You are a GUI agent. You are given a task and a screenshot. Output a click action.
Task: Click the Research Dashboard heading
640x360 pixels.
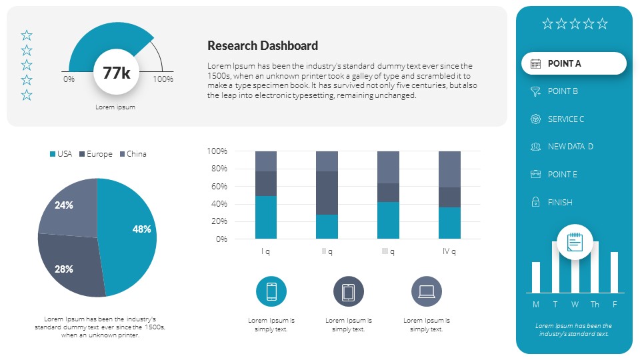tap(263, 46)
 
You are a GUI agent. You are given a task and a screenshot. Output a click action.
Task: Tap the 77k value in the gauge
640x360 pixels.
tap(116, 73)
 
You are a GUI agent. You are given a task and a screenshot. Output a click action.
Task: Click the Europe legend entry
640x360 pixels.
tap(95, 154)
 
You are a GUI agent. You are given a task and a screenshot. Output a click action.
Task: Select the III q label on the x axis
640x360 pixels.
tap(388, 251)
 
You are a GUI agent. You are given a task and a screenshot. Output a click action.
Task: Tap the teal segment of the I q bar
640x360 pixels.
tap(266, 217)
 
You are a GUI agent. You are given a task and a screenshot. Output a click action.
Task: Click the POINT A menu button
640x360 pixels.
tap(573, 63)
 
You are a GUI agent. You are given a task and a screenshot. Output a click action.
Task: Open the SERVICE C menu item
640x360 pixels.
tap(565, 119)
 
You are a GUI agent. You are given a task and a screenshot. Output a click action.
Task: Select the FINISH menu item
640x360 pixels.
tap(560, 203)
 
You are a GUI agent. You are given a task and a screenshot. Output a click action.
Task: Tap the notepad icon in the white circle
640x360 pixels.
tap(575, 241)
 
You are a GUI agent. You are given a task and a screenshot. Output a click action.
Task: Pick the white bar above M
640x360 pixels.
tap(536, 277)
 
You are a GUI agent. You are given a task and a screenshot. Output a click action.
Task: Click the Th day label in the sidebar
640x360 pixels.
tap(595, 305)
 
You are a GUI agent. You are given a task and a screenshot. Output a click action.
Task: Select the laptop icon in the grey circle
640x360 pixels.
tap(427, 291)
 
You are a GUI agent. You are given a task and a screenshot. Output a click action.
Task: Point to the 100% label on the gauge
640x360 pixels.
tap(163, 79)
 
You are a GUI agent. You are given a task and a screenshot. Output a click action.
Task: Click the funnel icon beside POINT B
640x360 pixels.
tap(535, 91)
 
